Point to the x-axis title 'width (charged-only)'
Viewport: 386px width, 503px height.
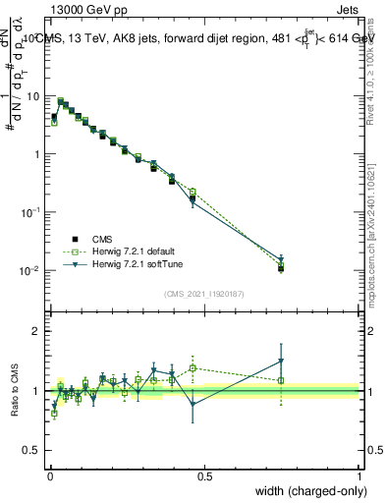304,490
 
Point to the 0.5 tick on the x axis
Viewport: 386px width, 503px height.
205,475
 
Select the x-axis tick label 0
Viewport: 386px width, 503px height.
51,475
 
